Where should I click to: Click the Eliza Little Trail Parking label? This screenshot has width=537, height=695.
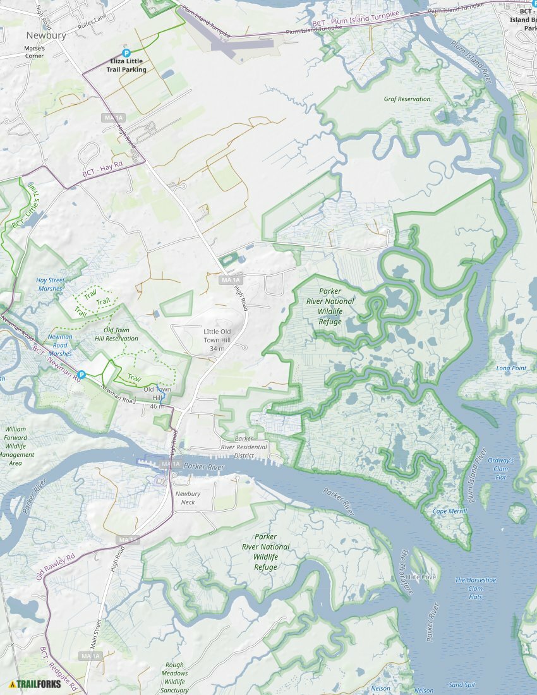(x=128, y=65)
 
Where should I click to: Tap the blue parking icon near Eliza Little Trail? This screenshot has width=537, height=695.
(x=126, y=54)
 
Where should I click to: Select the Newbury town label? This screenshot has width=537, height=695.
(x=46, y=35)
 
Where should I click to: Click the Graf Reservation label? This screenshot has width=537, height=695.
(x=407, y=99)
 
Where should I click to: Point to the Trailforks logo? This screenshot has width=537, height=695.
(x=35, y=684)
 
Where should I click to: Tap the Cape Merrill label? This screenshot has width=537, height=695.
(x=450, y=511)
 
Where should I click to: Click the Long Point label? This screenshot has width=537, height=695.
(x=511, y=368)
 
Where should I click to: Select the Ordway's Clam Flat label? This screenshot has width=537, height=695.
(x=500, y=468)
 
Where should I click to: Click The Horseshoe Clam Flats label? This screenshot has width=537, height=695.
(x=476, y=588)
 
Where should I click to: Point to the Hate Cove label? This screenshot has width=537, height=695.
(x=421, y=577)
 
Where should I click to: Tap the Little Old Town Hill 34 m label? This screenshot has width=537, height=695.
(x=217, y=340)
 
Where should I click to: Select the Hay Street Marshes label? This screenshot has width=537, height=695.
(x=50, y=284)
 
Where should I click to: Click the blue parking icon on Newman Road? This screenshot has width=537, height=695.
(x=81, y=375)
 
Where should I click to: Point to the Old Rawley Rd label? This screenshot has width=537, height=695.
(x=56, y=567)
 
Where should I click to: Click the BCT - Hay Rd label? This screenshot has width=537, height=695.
(x=102, y=170)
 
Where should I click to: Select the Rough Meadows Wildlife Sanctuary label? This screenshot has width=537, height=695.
(x=174, y=677)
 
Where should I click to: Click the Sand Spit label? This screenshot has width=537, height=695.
(x=462, y=685)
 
